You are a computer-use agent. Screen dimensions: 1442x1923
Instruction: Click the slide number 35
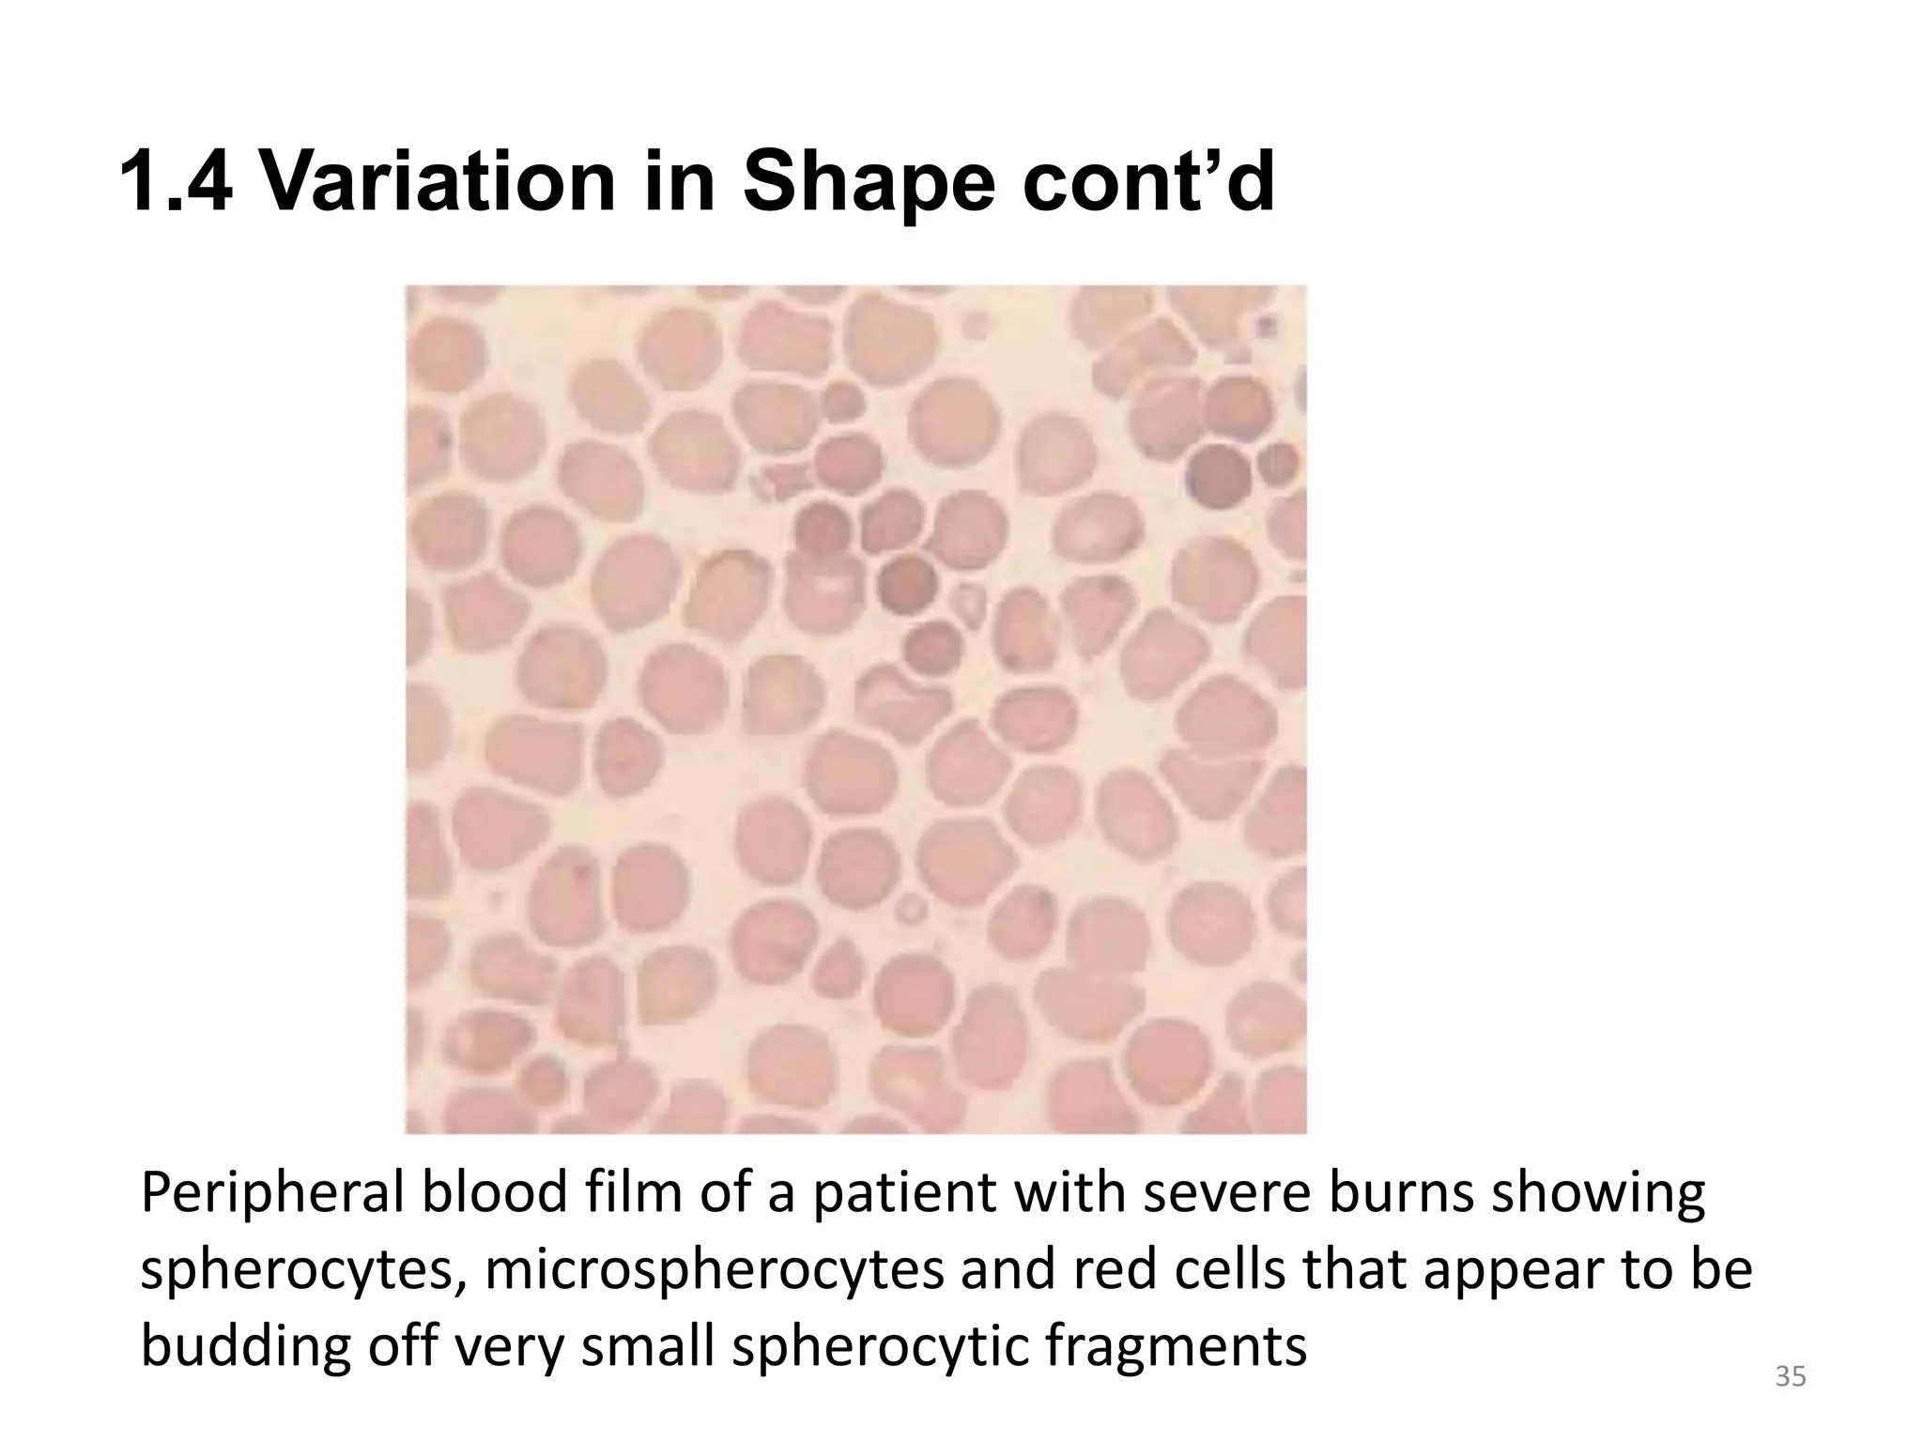pyautogui.click(x=1790, y=1377)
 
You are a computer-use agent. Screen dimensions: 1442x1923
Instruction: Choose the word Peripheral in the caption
pyautogui.click(x=270, y=1195)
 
